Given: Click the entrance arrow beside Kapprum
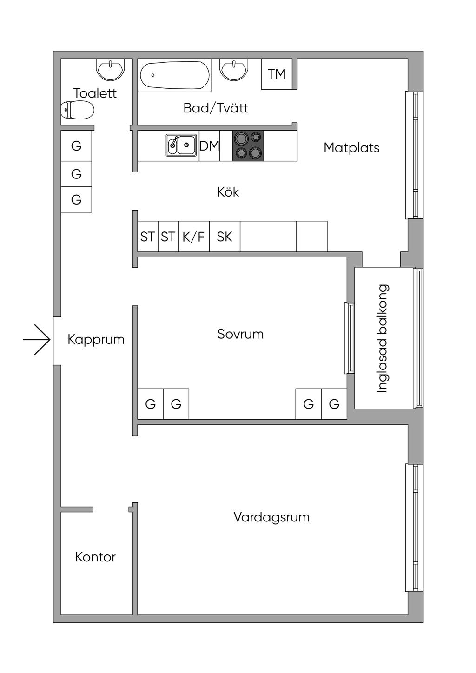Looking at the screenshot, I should point(37,340).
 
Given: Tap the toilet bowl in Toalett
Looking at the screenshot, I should point(78,110).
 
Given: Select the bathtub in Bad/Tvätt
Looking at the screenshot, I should point(174,75).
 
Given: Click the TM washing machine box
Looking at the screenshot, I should point(277,74).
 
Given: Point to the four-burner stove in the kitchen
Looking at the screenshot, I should point(248,145).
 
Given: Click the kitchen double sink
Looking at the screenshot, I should point(181,145).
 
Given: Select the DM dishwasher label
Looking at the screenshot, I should point(209,146).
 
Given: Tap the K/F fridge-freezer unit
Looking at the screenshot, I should point(193,237).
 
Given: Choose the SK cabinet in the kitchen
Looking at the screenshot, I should point(225,237).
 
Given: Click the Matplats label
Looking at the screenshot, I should point(351,148).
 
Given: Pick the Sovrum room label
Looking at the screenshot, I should point(240,334).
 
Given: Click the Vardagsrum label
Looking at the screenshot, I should point(271,517).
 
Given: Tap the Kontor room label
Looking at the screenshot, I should point(95,557).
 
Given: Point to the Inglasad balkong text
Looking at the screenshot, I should point(383,338).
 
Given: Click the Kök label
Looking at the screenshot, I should point(228,192).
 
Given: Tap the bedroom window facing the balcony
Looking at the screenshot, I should point(349,338).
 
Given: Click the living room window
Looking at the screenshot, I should point(414,528).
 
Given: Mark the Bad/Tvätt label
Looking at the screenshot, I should point(216,108).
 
